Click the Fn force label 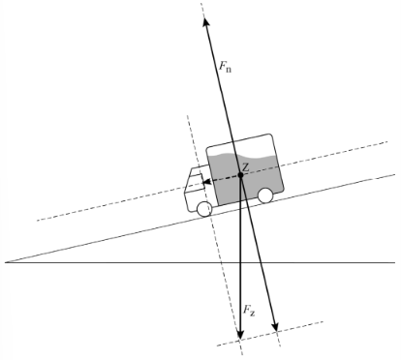click(x=225, y=67)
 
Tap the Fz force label click(x=249, y=311)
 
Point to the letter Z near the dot click(x=246, y=167)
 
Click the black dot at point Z click(x=240, y=175)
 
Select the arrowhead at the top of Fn click(x=205, y=21)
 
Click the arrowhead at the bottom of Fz click(x=240, y=335)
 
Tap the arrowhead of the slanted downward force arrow click(x=275, y=327)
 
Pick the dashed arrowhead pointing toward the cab click(x=206, y=182)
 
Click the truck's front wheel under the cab click(x=204, y=209)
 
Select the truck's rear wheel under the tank click(x=265, y=195)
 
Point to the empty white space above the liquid click(x=240, y=145)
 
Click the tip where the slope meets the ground click(x=6, y=262)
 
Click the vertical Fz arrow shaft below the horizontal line click(x=240, y=297)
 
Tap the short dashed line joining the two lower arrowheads click(x=258, y=336)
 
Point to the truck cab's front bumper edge click(x=186, y=201)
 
